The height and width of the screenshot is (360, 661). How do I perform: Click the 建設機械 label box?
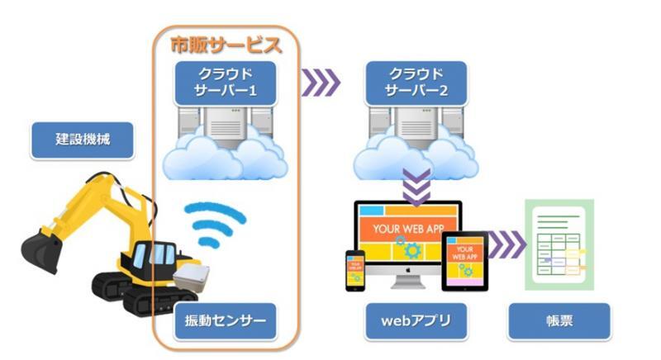(83, 140)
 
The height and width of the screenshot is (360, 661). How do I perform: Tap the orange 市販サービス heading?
(226, 45)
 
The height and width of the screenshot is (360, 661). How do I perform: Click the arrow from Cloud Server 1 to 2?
(321, 82)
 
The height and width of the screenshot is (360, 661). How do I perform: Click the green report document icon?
(559, 244)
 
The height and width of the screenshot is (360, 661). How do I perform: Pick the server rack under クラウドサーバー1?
(225, 128)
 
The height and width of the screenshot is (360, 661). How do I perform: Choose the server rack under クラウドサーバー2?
(416, 128)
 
